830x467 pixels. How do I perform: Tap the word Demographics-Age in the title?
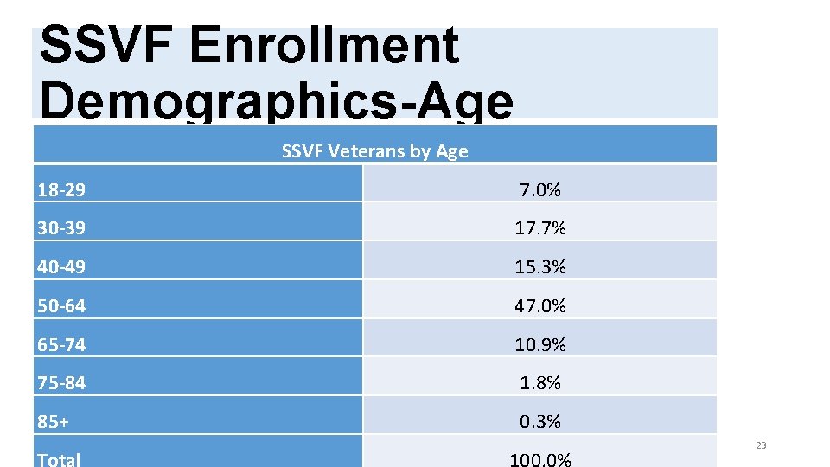(277, 100)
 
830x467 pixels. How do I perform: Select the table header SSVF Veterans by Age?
(374, 151)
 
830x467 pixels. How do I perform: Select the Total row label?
(59, 458)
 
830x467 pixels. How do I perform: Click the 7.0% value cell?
(540, 190)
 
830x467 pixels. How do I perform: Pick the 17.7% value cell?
(540, 228)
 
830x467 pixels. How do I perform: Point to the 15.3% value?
(540, 267)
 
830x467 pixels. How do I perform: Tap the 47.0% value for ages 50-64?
(540, 305)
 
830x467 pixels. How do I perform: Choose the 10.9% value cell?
(540, 344)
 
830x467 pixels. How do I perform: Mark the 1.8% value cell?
(540, 382)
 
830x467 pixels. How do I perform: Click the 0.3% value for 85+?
(540, 421)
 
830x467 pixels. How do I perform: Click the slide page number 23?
(761, 445)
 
